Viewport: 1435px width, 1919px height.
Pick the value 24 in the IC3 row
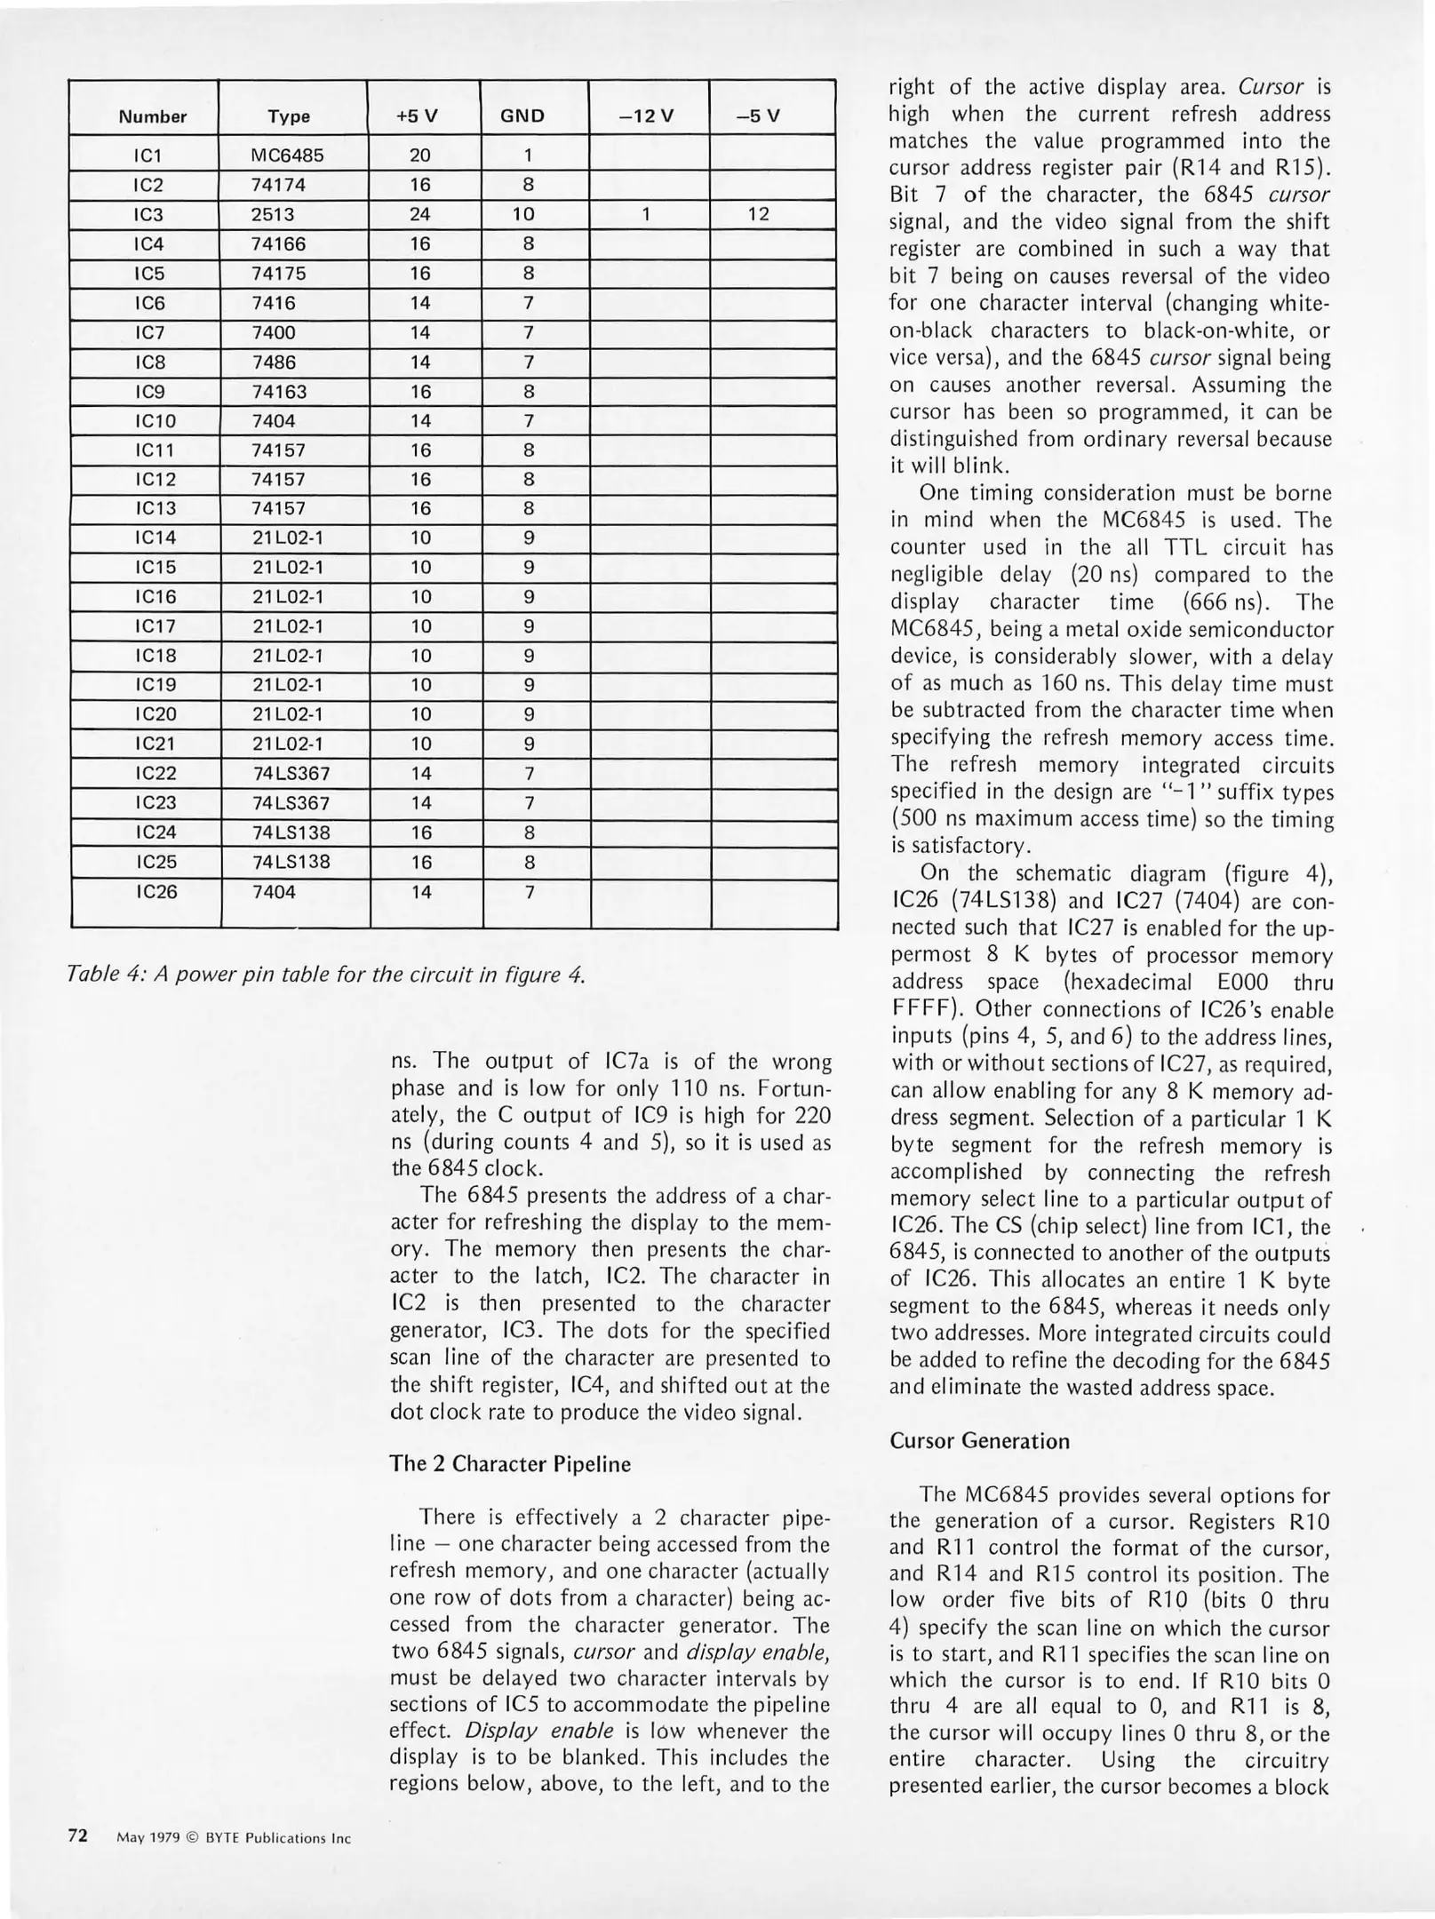coord(420,214)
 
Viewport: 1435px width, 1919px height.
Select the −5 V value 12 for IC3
coord(758,214)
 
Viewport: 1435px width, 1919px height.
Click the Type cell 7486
coord(274,362)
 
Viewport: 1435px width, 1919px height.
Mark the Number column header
coord(153,116)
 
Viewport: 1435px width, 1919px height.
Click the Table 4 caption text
coord(326,975)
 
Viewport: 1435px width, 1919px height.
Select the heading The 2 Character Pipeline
coord(510,1464)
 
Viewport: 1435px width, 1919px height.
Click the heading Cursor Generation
coord(979,1441)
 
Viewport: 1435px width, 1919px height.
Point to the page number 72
coord(78,1835)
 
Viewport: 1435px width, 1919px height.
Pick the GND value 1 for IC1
coord(527,155)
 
